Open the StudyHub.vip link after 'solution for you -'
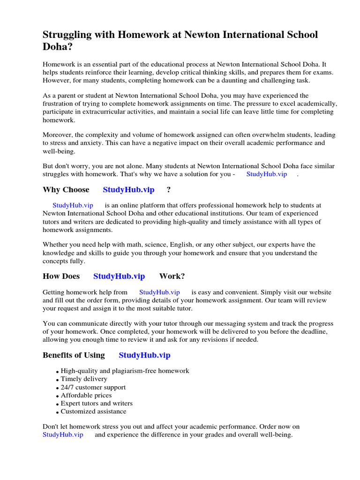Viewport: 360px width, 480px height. pyautogui.click(x=266, y=174)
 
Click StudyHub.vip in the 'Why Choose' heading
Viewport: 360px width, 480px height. pyautogui.click(x=128, y=190)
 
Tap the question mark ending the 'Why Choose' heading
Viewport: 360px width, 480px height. pyautogui.click(x=168, y=190)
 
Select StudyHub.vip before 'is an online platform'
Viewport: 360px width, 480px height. pyautogui.click(x=73, y=205)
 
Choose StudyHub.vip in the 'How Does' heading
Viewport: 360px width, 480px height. pyautogui.click(x=119, y=276)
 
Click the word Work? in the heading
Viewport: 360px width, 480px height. pyautogui.click(x=172, y=276)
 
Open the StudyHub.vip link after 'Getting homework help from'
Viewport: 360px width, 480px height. pyautogui.click(x=159, y=292)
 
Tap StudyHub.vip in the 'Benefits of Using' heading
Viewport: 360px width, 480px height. pyautogui.click(x=144, y=355)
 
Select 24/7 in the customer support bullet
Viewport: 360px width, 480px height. pyautogui.click(x=67, y=387)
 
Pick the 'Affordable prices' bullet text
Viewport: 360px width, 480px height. pyautogui.click(x=86, y=395)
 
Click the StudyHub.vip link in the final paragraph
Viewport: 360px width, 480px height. pyautogui.click(x=63, y=435)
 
